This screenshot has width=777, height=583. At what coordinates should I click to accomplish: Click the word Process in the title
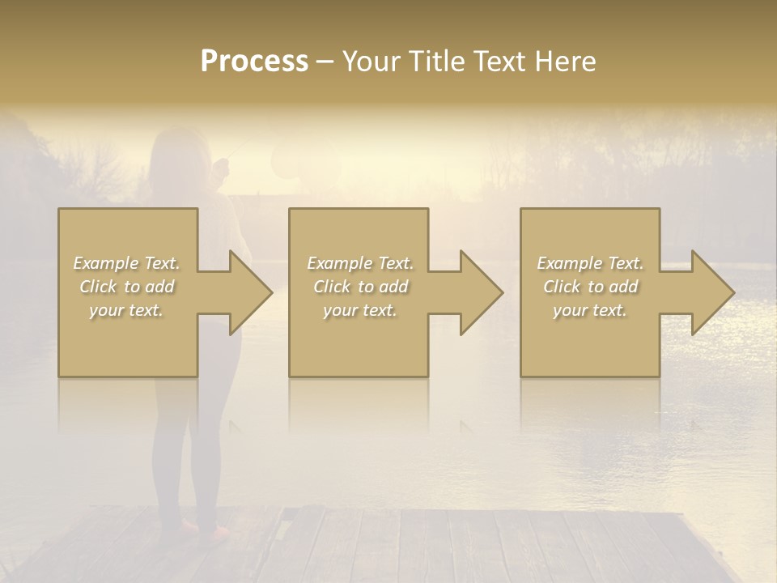tap(254, 62)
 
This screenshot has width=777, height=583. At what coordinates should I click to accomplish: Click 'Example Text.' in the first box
tap(126, 263)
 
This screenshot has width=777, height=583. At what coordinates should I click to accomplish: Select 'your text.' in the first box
tap(126, 310)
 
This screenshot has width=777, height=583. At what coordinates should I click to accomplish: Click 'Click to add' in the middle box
tap(360, 287)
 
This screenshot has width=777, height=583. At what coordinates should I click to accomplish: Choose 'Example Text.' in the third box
tap(590, 263)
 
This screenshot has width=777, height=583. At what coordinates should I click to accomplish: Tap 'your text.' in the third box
tap(590, 310)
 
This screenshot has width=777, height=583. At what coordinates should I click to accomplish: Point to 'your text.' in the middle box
tap(360, 310)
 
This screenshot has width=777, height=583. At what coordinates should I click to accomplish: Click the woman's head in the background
tap(174, 154)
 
